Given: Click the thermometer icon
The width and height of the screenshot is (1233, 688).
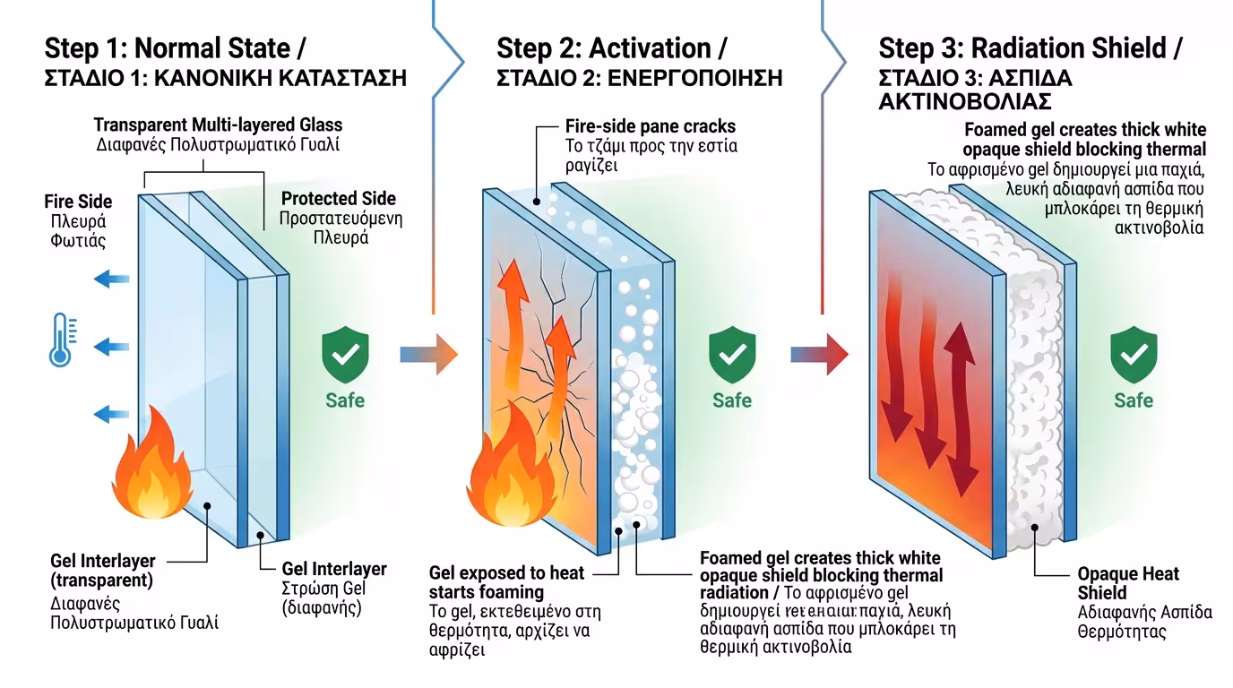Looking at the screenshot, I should (60, 340).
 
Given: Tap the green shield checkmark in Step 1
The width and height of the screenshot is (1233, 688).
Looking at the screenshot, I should (345, 356).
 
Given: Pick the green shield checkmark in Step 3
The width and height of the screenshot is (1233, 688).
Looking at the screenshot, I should (1134, 356).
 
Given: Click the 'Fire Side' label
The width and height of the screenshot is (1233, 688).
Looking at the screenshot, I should (78, 202).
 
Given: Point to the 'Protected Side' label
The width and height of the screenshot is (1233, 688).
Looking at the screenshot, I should (338, 199).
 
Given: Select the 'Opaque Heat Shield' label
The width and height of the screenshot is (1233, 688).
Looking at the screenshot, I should (1128, 583).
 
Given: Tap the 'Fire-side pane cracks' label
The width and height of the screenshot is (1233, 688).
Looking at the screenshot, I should (651, 126).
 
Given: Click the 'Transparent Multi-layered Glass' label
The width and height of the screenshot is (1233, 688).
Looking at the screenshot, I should (218, 125).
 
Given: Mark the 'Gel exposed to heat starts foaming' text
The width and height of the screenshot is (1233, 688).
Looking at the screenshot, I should (506, 582).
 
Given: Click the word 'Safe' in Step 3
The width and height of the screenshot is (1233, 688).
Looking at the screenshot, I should (1134, 400).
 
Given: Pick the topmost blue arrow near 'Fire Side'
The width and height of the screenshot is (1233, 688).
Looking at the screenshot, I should (111, 279).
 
